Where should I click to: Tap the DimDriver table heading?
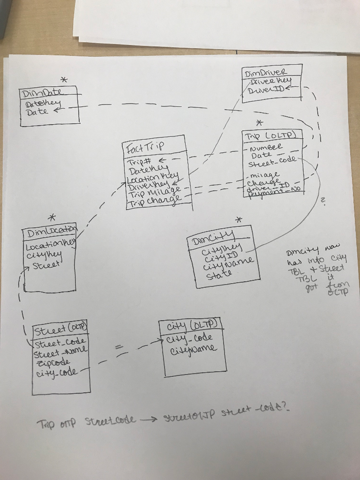pos(265,73)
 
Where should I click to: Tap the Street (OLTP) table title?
pos(60,328)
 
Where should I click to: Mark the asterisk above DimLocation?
pos(53,217)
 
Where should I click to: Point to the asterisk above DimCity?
pos(239,219)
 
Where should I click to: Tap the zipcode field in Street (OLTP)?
pos(51,362)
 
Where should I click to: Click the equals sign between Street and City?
pos(120,347)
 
